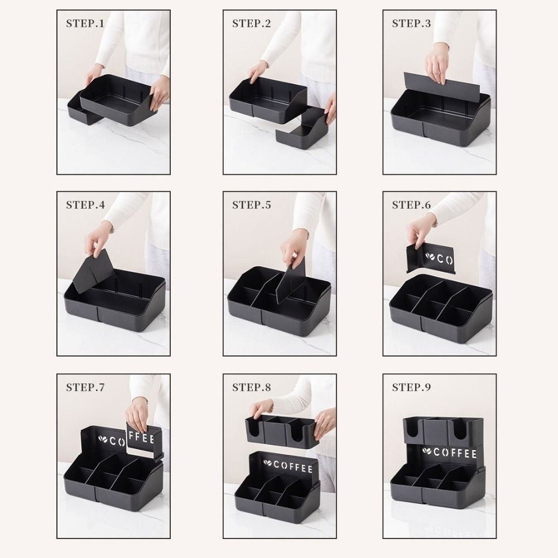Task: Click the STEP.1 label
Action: click(x=85, y=23)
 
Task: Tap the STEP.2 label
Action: click(x=251, y=23)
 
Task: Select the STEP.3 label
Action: click(x=411, y=23)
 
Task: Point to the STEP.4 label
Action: click(x=85, y=205)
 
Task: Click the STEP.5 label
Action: click(x=251, y=205)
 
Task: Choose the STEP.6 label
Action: click(x=411, y=205)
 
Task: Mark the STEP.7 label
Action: click(x=85, y=387)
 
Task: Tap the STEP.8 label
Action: click(x=251, y=387)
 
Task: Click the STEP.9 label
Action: click(x=411, y=387)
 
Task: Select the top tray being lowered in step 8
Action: click(x=282, y=430)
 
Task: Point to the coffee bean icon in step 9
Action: click(x=426, y=451)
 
